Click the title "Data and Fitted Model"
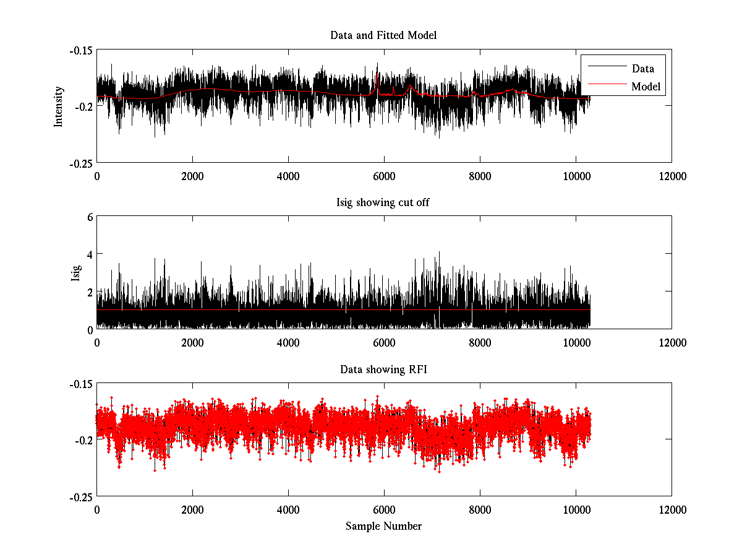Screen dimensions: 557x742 [383, 35]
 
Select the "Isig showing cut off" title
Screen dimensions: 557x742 [383, 202]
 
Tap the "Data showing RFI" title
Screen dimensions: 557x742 [383, 369]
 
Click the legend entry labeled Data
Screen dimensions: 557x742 [642, 69]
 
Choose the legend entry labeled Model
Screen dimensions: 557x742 [646, 86]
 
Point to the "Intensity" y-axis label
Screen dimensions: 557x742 [59, 106]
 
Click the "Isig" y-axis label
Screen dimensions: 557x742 [75, 272]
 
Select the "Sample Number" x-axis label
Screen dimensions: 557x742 [383, 526]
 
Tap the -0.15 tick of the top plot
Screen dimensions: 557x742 [80, 50]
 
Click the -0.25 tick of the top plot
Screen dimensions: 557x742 [80, 163]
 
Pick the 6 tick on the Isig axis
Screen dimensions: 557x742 [89, 217]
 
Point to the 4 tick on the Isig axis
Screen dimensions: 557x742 [89, 254]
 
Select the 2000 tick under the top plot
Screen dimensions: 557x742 [192, 176]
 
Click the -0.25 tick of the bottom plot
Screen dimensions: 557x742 [80, 497]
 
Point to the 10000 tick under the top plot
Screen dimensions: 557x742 [576, 176]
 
